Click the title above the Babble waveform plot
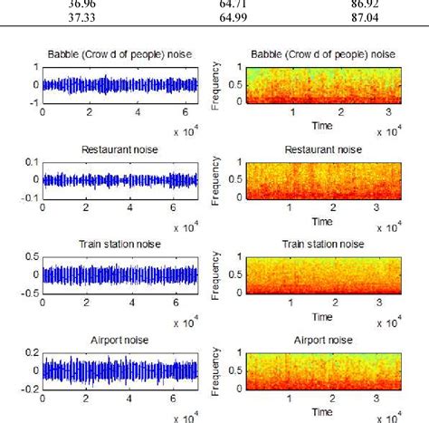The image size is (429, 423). [x=119, y=54]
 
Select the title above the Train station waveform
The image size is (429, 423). [x=119, y=244]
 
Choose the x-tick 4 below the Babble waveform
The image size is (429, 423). [x=138, y=112]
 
